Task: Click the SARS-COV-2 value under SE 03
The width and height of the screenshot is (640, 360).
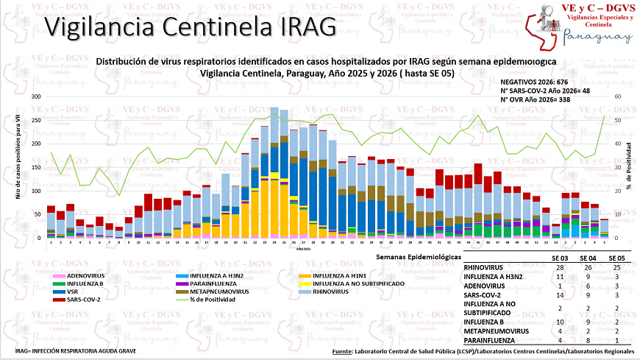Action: pos(561,294)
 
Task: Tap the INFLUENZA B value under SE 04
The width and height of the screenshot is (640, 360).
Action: pos(588,321)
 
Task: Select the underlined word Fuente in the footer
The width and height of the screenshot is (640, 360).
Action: pos(342,352)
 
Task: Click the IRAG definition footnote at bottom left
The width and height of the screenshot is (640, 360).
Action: pos(76,351)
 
